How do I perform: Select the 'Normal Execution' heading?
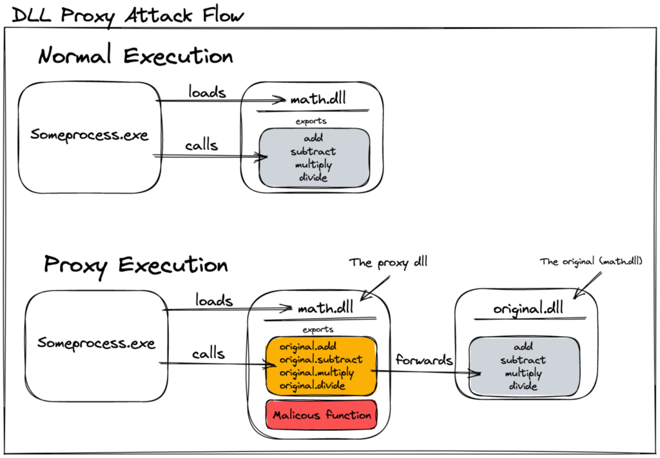[135, 56]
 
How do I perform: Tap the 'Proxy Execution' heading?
[135, 265]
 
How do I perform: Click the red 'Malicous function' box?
[322, 415]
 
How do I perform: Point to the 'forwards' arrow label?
[424, 360]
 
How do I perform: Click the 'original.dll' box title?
[528, 308]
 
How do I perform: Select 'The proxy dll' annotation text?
[388, 263]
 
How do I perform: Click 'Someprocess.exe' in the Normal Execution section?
[89, 135]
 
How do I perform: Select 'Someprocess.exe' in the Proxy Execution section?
[96, 343]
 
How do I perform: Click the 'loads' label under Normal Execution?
[207, 92]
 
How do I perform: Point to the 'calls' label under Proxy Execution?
[208, 353]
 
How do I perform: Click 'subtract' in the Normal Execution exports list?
[313, 152]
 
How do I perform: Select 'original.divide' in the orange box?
[313, 386]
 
